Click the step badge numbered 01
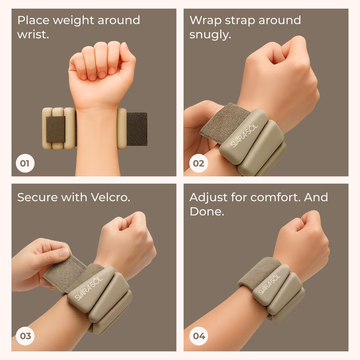click(25, 163)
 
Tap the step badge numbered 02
click(198, 163)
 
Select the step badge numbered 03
click(25, 336)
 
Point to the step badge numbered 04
click(199, 336)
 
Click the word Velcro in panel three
click(110, 197)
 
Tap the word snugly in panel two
click(210, 35)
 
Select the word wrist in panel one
click(33, 35)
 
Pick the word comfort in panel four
click(275, 197)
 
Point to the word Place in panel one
click(33, 20)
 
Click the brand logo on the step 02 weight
click(244, 136)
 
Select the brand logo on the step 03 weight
click(88, 289)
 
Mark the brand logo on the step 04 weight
click(269, 284)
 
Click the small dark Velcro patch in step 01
click(56, 129)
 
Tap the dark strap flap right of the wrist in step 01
click(137, 129)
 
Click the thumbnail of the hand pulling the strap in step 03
click(64, 252)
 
